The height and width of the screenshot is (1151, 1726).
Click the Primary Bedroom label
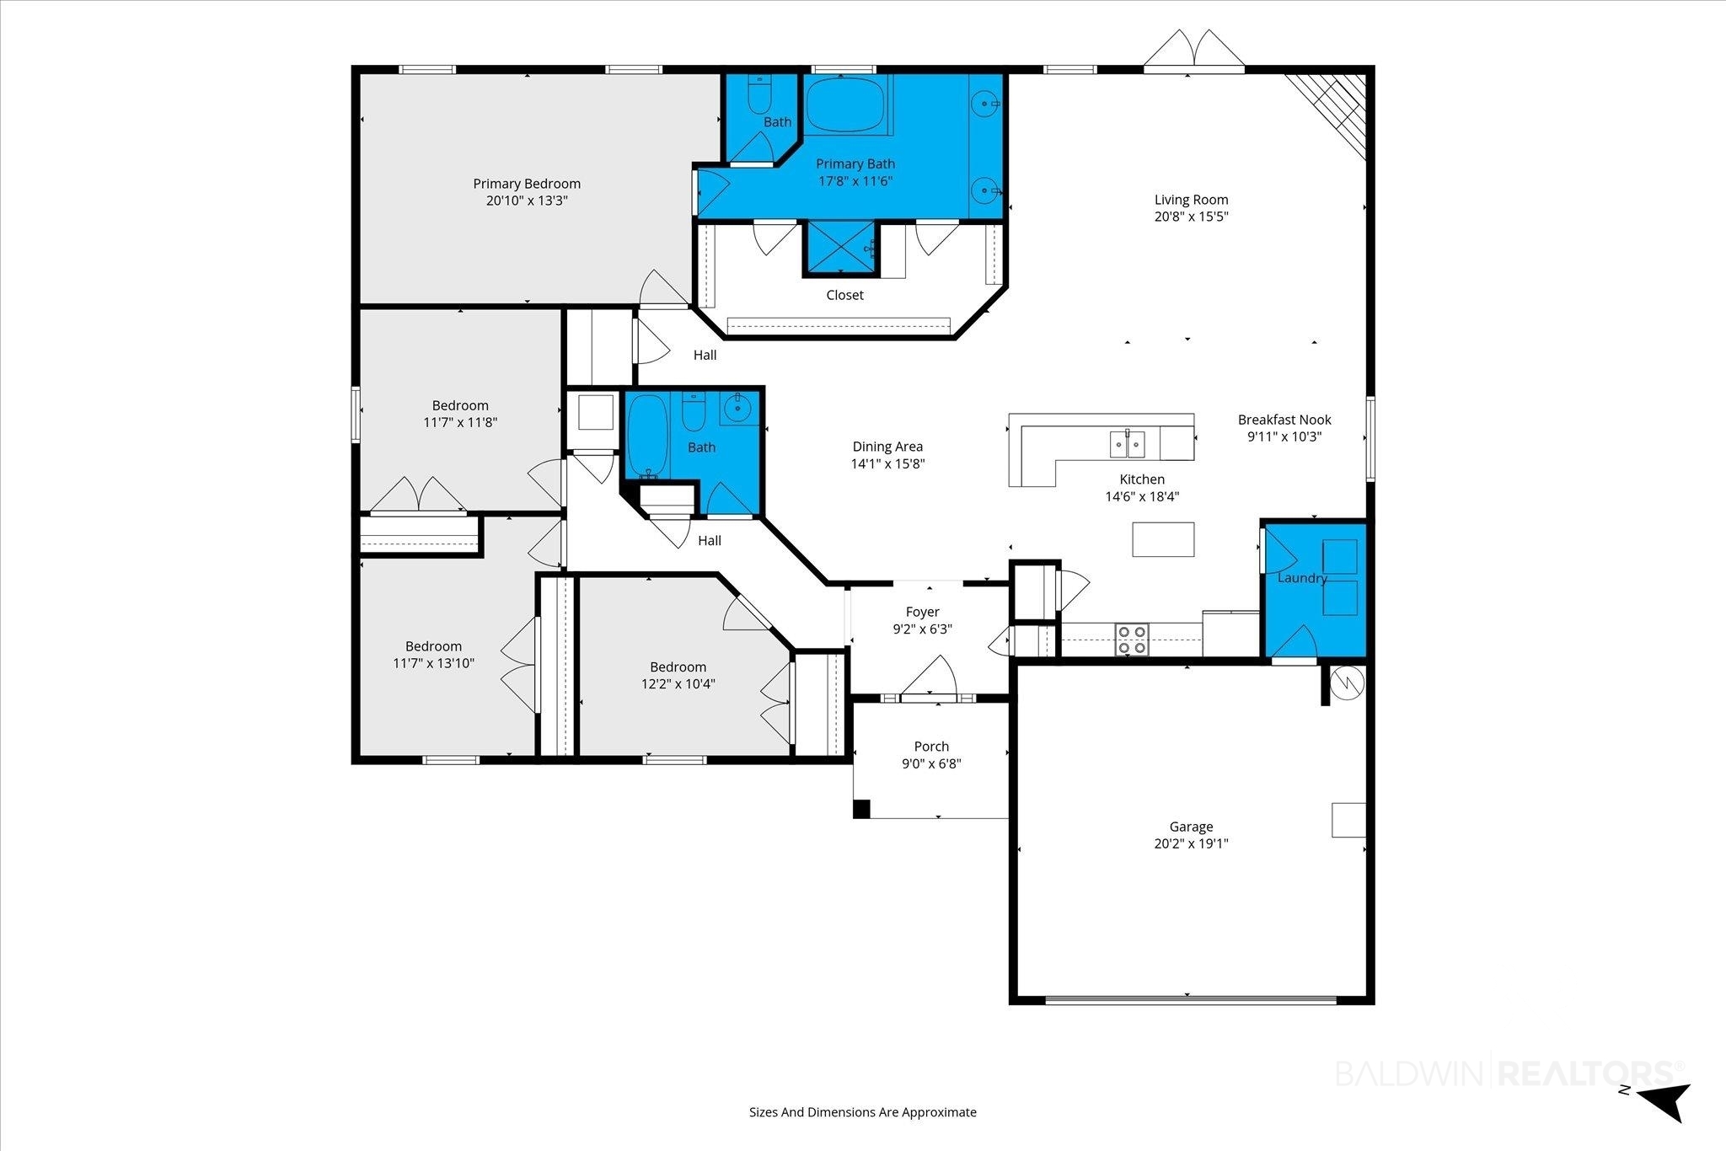(527, 184)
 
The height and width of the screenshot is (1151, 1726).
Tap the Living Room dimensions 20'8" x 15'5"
(1191, 217)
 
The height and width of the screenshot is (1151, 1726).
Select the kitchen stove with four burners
(1132, 640)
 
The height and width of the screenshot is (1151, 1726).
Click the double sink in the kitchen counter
(1127, 442)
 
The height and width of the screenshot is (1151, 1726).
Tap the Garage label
(1191, 827)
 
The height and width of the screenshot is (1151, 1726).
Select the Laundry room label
(1302, 578)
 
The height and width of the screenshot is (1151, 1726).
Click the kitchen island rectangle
(1163, 539)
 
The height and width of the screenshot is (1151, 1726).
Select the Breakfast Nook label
(1284, 420)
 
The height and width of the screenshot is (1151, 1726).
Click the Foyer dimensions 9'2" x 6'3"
(923, 629)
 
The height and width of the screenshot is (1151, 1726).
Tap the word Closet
(844, 295)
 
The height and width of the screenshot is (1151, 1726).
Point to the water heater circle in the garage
(1348, 683)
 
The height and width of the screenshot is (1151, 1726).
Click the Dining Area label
(887, 447)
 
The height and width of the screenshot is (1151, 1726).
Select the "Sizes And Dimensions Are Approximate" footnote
(863, 1112)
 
